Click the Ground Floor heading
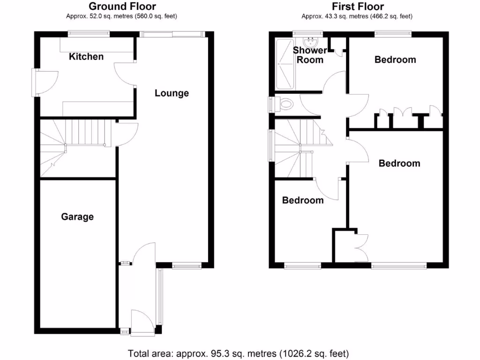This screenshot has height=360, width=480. click(x=122, y=6)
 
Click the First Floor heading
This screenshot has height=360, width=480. click(x=357, y=6)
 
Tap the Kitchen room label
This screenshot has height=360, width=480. click(x=86, y=57)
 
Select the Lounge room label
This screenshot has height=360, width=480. click(x=172, y=93)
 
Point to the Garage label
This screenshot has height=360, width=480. click(x=77, y=217)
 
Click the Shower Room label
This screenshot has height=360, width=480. click(x=310, y=55)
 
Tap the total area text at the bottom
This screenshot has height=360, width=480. click(x=239, y=353)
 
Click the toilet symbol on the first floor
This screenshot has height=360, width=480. click(x=283, y=104)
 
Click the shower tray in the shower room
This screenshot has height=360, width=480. click(x=286, y=64)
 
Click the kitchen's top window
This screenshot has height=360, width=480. click(x=89, y=34)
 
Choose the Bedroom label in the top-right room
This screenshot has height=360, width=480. click(x=395, y=60)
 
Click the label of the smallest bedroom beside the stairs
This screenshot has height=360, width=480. click(x=303, y=200)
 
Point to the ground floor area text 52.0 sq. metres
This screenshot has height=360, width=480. click(x=122, y=16)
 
